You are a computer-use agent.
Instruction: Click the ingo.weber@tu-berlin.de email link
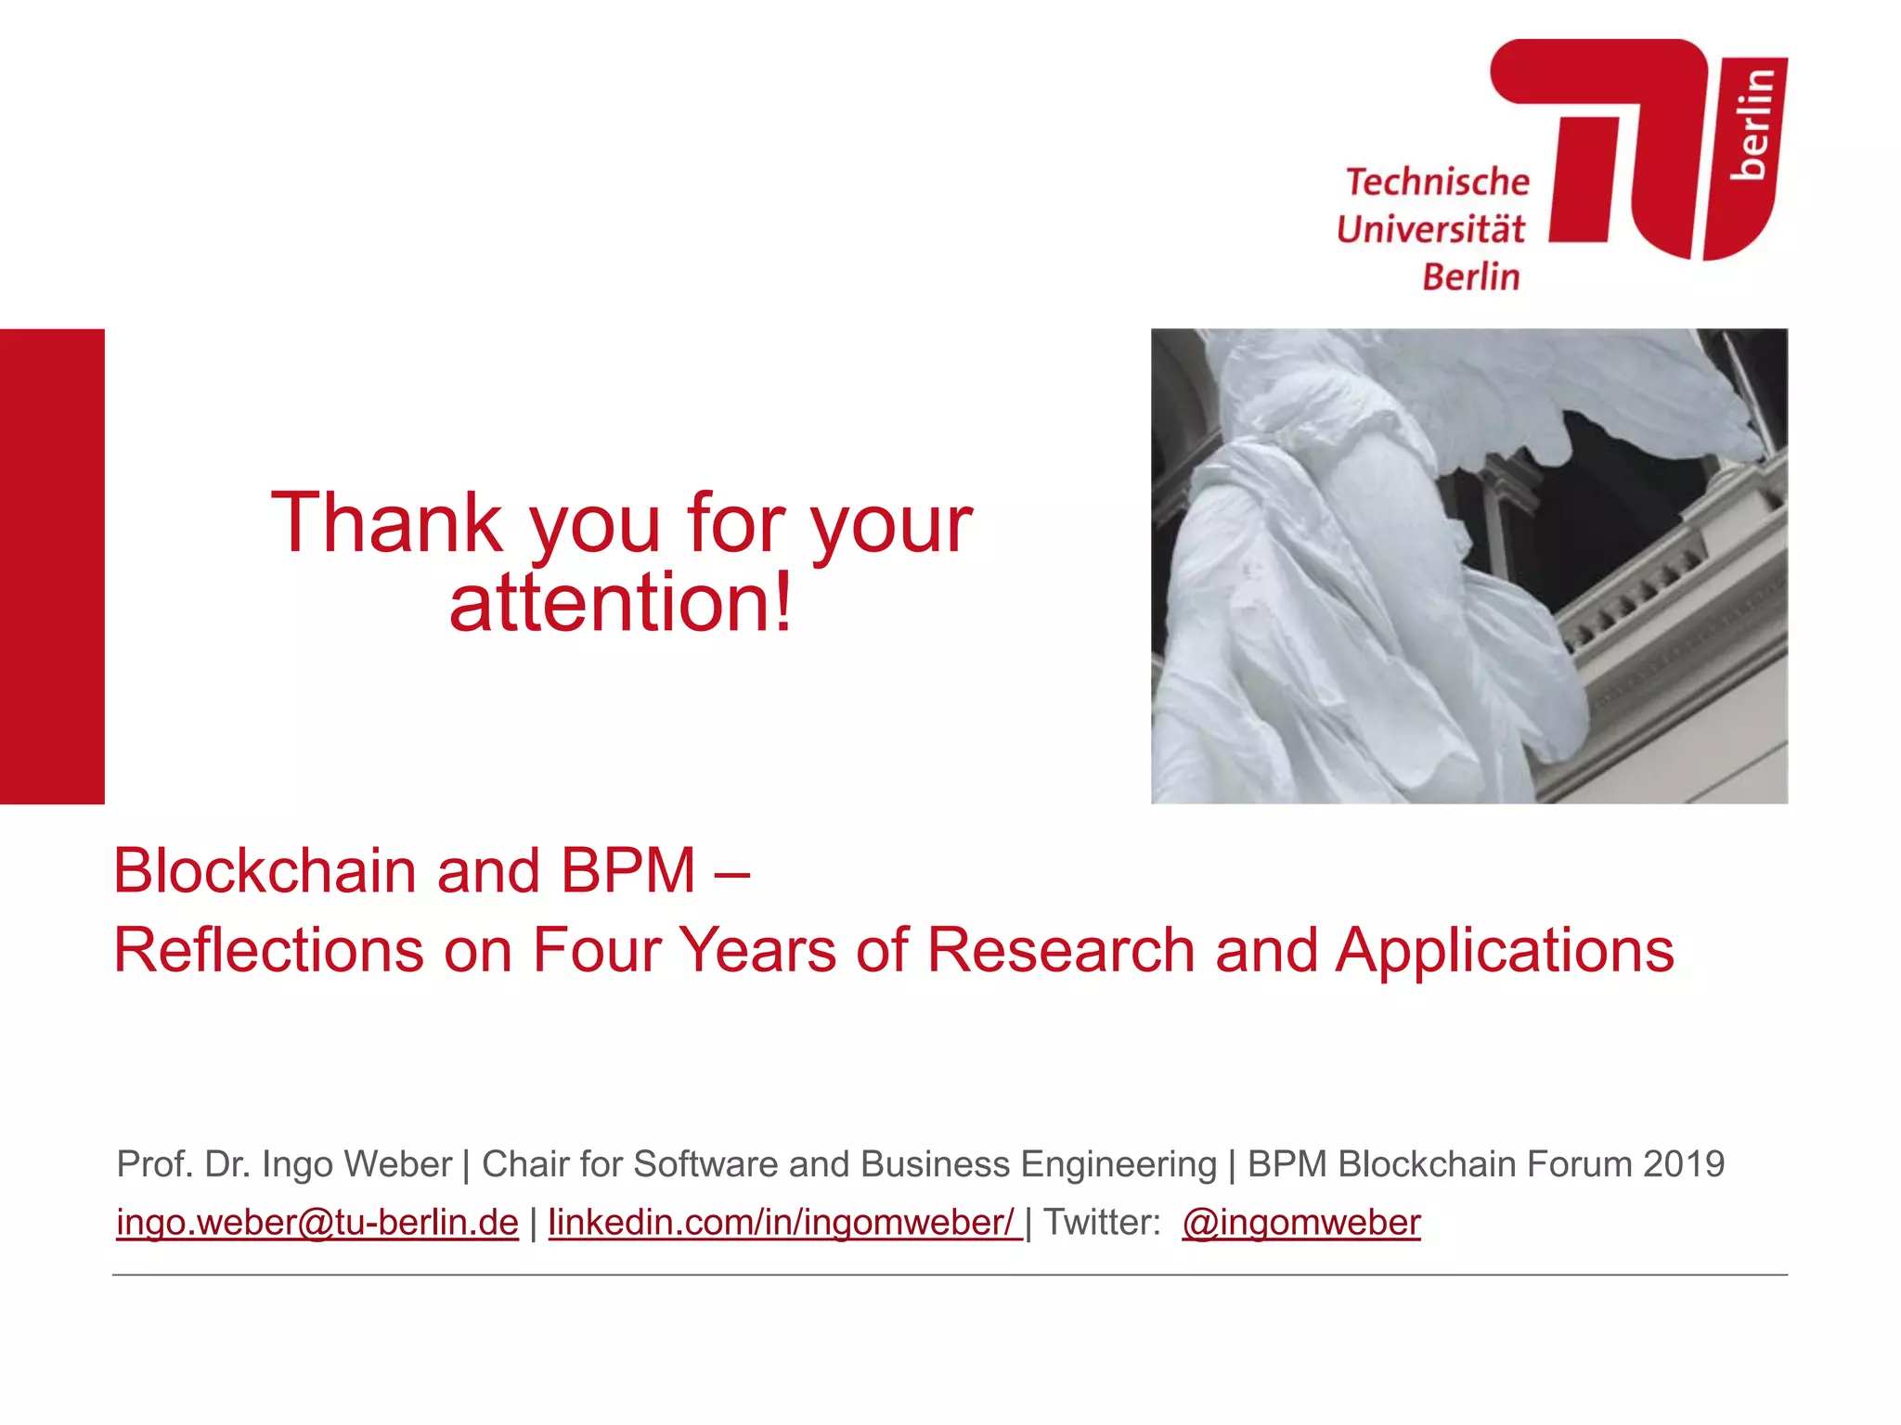[x=317, y=1223]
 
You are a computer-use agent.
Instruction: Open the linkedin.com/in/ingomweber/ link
[x=783, y=1223]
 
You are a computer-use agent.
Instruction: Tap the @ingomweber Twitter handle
[x=1300, y=1223]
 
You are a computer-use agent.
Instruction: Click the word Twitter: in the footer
[x=1102, y=1223]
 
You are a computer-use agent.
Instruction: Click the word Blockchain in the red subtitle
[x=265, y=871]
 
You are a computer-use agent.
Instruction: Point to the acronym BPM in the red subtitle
[x=627, y=871]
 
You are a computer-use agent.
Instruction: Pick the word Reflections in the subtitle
[x=268, y=951]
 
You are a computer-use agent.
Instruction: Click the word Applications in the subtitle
[x=1505, y=951]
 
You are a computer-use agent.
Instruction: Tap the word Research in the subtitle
[x=1060, y=951]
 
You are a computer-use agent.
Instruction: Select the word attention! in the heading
[x=620, y=604]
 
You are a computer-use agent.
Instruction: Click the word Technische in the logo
[x=1437, y=182]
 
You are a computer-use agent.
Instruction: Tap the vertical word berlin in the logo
[x=1752, y=122]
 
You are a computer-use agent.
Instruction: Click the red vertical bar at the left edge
[x=52, y=566]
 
